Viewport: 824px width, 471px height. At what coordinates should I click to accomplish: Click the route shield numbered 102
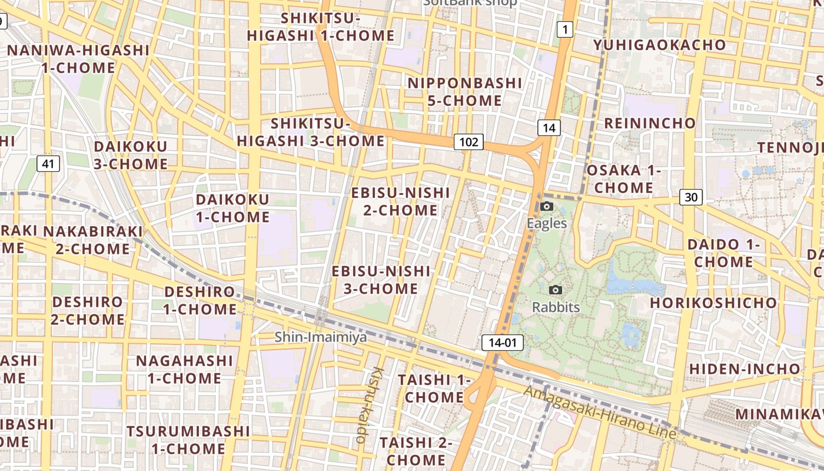coord(469,142)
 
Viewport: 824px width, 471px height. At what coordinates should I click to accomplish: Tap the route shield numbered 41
coord(48,163)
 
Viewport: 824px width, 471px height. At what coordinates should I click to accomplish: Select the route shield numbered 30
coord(691,197)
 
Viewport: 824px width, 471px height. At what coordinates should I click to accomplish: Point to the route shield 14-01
coord(502,343)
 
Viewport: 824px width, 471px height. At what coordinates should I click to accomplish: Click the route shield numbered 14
coord(549,128)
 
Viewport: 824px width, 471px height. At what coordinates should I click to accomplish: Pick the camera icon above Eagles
coord(547,207)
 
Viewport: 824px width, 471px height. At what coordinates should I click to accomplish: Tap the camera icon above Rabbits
coord(555,290)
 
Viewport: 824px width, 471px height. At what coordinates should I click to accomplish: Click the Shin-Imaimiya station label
coord(321,337)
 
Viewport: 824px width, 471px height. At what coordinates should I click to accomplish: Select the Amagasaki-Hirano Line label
coord(599,412)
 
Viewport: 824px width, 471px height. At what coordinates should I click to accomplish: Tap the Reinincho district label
coord(650,123)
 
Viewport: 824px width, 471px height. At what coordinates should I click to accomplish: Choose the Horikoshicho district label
coord(713,303)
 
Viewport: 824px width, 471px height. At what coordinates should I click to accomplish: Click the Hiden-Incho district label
coord(745,369)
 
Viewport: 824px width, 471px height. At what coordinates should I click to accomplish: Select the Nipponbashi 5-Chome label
coord(465,92)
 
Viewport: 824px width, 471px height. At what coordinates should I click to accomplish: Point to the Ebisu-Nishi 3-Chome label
coord(381,280)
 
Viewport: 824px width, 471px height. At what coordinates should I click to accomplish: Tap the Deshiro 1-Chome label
coord(200,300)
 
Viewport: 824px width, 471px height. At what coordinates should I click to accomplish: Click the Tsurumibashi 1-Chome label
coord(188,440)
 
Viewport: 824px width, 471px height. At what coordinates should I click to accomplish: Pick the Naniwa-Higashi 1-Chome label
coord(78,59)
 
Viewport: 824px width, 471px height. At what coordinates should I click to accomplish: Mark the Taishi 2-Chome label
coord(416,450)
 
